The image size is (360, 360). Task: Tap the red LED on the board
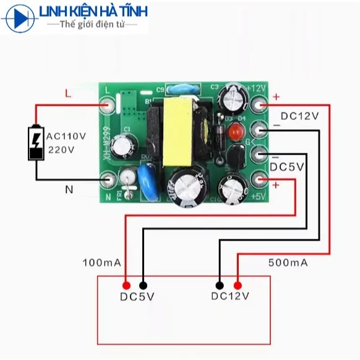point(234,132)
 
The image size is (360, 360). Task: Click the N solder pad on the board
point(109,180)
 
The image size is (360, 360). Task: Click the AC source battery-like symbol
point(36,144)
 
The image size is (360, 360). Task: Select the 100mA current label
point(101,263)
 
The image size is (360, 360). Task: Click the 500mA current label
point(288,263)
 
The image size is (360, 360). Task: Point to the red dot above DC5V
point(126,285)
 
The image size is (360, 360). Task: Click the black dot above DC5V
point(144,285)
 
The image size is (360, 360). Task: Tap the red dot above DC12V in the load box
point(239,285)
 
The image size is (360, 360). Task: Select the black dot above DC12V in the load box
point(220,285)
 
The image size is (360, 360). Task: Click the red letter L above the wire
point(68,93)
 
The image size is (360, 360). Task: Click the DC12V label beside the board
point(299,116)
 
